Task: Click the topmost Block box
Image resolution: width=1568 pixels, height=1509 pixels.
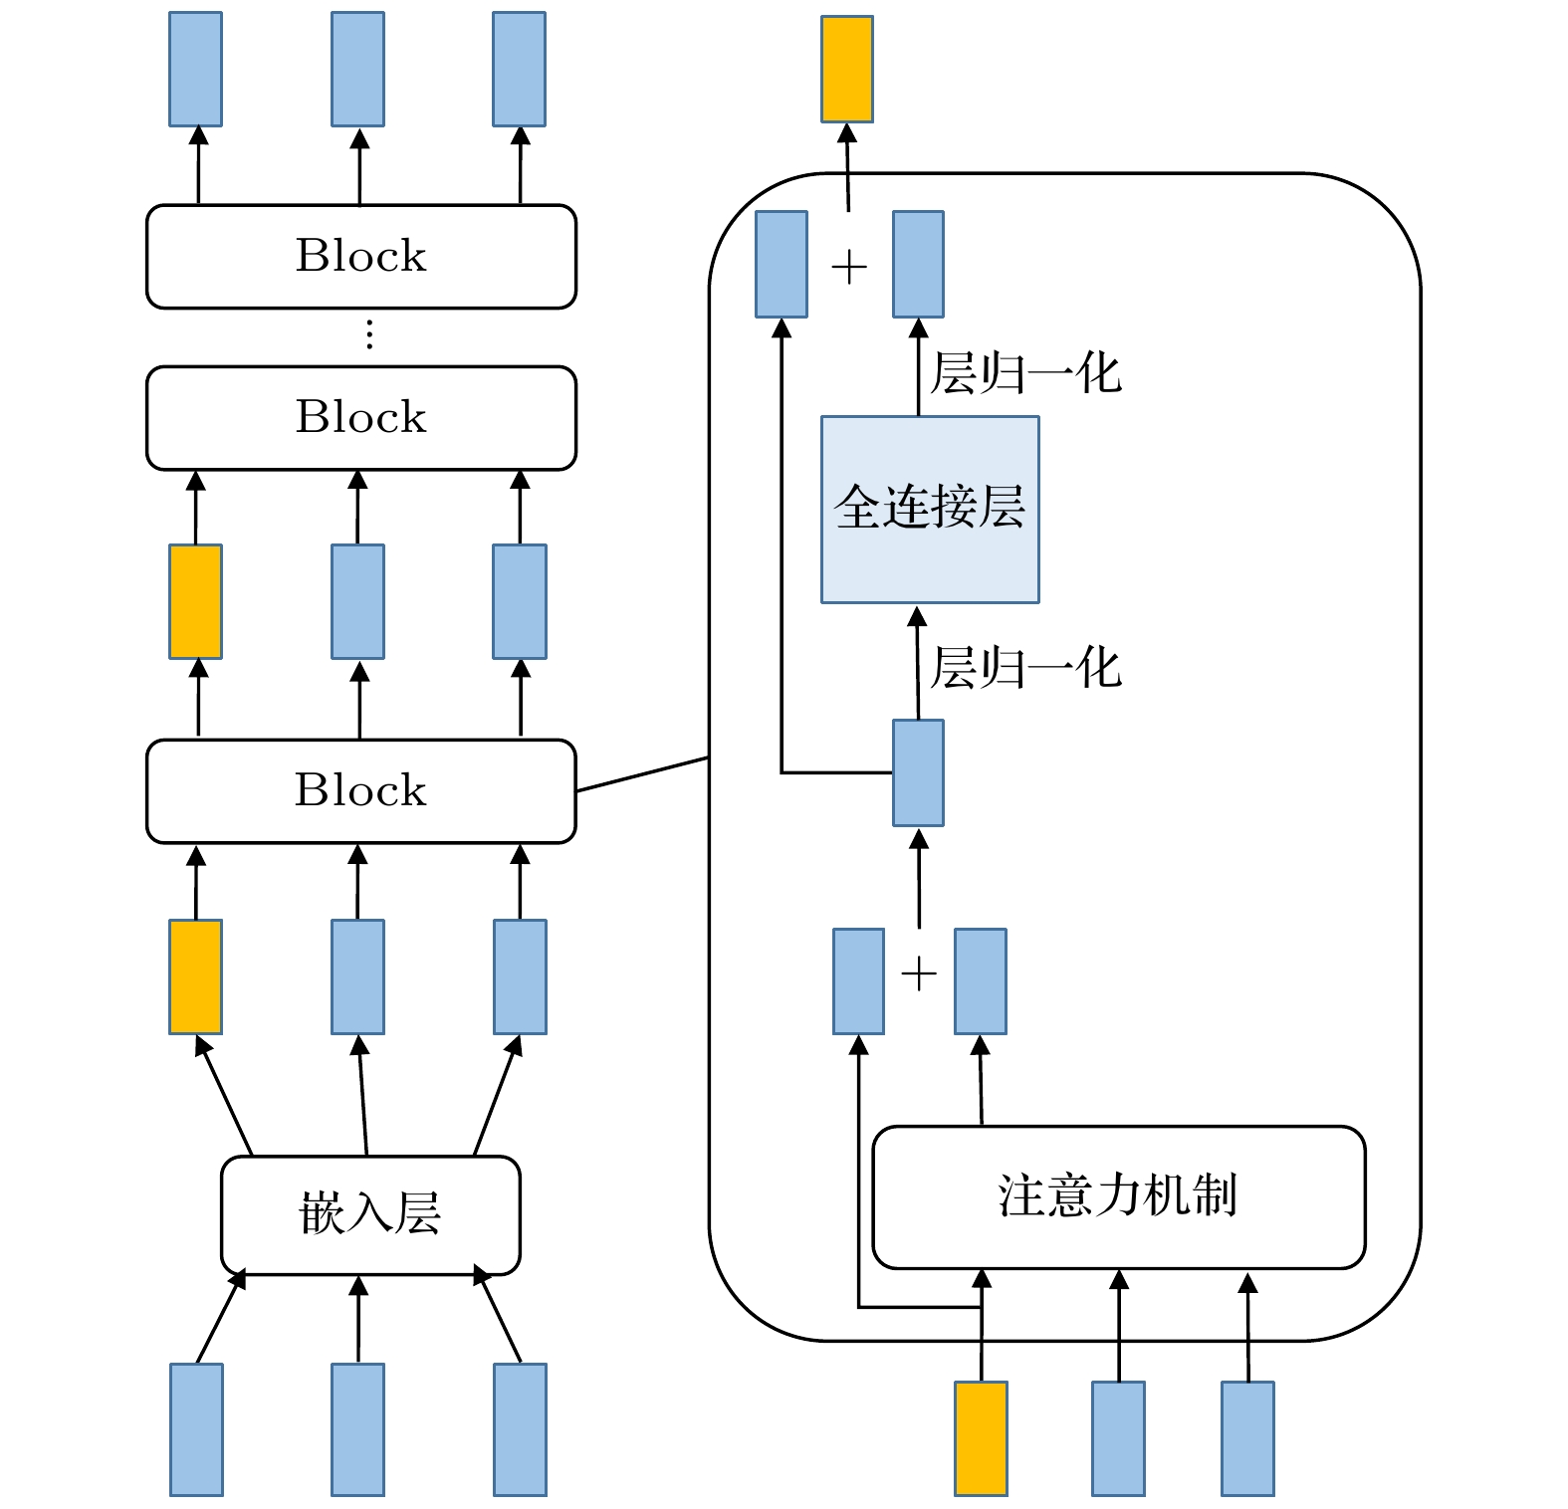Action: (x=360, y=257)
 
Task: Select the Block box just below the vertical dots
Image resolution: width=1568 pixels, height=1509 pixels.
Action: (x=360, y=418)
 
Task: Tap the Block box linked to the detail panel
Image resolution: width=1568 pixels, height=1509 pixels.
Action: (x=360, y=791)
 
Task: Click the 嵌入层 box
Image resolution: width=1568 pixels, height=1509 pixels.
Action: (x=370, y=1215)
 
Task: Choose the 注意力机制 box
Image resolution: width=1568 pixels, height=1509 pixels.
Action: (x=1118, y=1197)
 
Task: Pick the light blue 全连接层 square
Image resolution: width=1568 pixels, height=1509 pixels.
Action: (x=930, y=510)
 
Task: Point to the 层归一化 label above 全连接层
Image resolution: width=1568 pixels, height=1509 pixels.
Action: (x=1025, y=375)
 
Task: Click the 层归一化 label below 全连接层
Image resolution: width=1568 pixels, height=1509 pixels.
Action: (x=1025, y=668)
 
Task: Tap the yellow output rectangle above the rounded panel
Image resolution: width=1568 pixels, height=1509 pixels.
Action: (x=847, y=70)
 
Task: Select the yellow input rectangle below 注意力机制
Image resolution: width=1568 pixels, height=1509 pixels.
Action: (x=981, y=1438)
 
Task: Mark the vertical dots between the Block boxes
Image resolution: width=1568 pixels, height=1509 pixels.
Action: (x=369, y=335)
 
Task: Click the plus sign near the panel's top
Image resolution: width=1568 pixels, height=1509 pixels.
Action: (x=849, y=268)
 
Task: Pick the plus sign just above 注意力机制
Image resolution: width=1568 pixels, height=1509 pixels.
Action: (x=919, y=974)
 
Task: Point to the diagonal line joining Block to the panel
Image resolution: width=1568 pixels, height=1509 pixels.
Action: (x=642, y=774)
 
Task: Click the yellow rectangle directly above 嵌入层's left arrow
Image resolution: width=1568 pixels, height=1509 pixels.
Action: (x=196, y=976)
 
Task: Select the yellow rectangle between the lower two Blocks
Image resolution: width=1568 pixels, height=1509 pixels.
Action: (x=196, y=601)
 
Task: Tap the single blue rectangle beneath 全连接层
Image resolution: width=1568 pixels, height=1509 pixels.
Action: (x=918, y=773)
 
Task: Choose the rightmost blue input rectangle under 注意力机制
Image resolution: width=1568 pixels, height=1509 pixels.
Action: (x=1247, y=1438)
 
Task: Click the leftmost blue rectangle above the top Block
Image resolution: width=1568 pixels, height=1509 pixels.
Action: (x=196, y=70)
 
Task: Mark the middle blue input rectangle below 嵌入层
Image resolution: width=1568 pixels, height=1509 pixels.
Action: (x=358, y=1429)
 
